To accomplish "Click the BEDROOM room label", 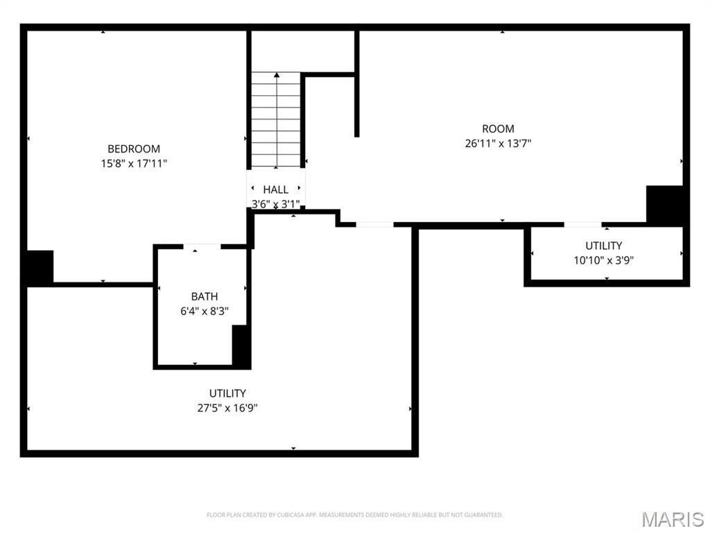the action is point(134,149).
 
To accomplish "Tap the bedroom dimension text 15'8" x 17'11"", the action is point(134,164).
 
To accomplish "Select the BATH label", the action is point(205,296).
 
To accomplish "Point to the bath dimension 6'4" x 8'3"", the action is point(205,312).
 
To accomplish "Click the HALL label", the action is point(276,189).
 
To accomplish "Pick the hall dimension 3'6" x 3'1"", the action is point(276,204).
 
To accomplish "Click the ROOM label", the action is point(498,128).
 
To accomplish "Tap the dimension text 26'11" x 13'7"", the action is point(498,144).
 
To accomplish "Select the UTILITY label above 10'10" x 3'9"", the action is point(604,246).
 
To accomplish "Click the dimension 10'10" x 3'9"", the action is point(604,261).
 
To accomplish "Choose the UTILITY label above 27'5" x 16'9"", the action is point(227,394).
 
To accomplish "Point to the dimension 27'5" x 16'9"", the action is point(227,408).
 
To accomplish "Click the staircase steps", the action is point(276,119).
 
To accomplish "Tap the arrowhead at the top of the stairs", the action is point(277,74).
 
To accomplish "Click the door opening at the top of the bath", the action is point(202,246).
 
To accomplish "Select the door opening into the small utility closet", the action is point(582,224).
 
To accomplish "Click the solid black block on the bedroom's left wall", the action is point(40,267).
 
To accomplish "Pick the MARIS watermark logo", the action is point(673,519).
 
